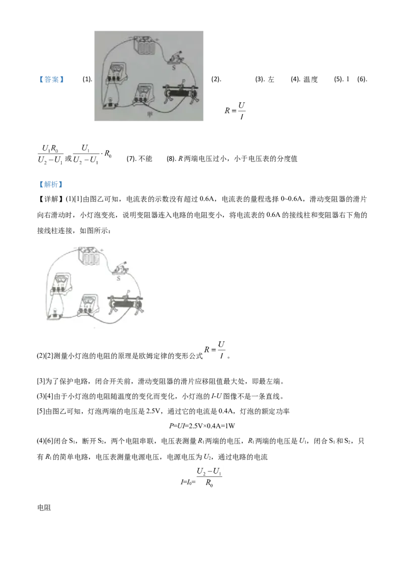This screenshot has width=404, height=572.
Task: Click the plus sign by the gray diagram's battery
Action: tap(157, 38)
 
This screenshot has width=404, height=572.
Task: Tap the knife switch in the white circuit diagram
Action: tap(120, 269)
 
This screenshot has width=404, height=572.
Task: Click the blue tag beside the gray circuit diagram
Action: tap(50, 80)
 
